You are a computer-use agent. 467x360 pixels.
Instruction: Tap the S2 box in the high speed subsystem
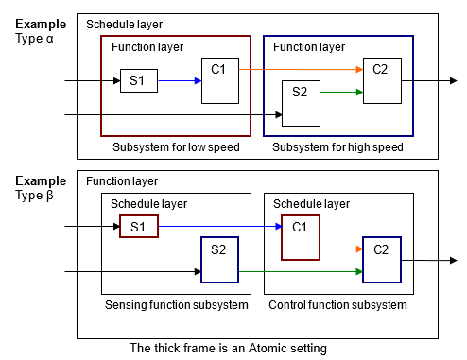click(301, 103)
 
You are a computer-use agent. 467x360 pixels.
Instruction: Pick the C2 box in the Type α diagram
click(383, 80)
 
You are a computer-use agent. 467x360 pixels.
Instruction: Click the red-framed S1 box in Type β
click(139, 227)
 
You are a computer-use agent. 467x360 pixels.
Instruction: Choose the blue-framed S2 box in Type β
click(219, 260)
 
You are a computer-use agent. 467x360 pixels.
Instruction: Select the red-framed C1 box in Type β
click(301, 236)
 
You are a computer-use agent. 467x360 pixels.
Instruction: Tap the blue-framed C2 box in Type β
click(381, 260)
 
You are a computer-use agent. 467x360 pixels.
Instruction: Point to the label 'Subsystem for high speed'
click(338, 146)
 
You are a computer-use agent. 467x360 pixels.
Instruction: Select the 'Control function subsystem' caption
click(338, 304)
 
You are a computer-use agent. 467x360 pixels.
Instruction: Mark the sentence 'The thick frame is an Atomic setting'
click(227, 347)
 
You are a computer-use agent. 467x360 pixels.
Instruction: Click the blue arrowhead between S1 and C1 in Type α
click(197, 81)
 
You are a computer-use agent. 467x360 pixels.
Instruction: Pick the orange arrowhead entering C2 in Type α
click(359, 70)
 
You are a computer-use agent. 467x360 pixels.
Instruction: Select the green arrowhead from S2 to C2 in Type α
click(359, 92)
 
